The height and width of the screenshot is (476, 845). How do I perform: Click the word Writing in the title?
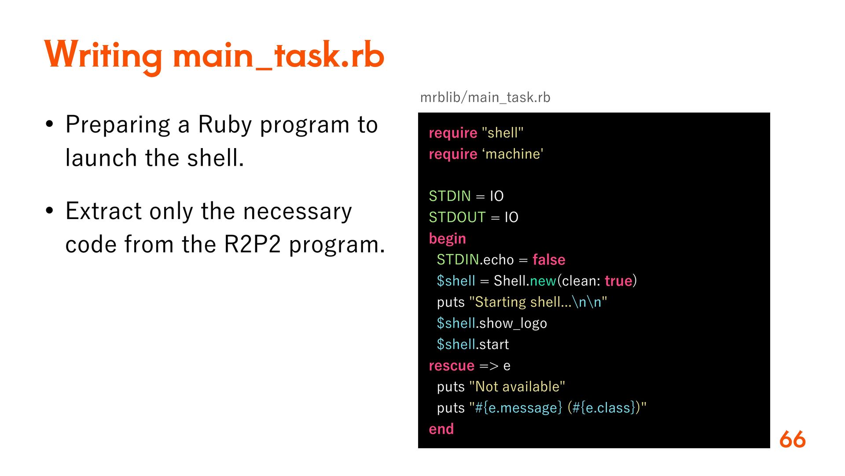(x=103, y=56)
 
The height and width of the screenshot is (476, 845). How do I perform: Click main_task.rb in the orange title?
(x=279, y=56)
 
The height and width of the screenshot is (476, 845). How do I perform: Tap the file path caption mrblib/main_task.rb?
(x=485, y=97)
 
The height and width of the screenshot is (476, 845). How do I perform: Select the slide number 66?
(x=792, y=439)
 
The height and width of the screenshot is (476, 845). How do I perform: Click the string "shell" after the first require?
(x=503, y=133)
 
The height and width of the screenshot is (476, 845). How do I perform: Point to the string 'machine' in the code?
(x=513, y=154)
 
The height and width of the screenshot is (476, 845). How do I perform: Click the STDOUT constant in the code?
(x=457, y=217)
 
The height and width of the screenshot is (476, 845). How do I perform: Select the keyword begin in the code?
(x=447, y=238)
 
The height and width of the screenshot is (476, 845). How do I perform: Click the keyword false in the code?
(x=549, y=260)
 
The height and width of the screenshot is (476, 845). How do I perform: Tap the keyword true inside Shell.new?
(x=618, y=281)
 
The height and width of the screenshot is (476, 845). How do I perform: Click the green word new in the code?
(x=543, y=281)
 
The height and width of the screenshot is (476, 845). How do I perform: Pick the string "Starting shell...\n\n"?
(x=538, y=302)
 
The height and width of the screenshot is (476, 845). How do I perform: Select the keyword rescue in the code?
(x=452, y=365)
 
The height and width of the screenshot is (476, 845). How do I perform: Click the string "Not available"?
(x=517, y=387)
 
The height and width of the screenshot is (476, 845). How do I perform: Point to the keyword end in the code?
(x=441, y=429)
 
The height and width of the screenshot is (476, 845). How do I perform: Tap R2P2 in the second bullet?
(x=252, y=245)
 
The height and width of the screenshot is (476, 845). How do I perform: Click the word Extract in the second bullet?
(x=103, y=211)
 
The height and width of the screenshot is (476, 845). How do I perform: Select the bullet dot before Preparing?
(x=49, y=125)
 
